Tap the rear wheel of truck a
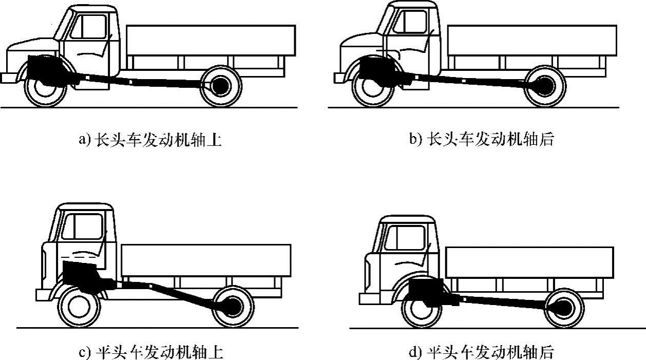click(221, 86)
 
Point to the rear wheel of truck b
click(545, 86)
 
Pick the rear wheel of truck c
click(234, 307)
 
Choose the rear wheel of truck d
click(563, 309)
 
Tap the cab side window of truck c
click(82, 226)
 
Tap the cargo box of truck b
click(532, 41)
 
